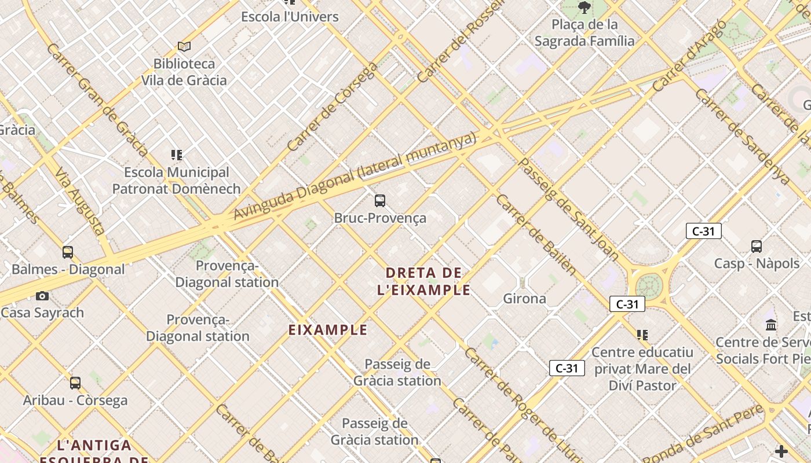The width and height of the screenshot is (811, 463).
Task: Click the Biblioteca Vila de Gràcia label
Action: click(184, 72)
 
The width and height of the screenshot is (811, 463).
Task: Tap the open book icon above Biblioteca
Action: click(184, 46)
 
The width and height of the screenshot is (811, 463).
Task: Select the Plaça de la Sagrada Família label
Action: click(584, 32)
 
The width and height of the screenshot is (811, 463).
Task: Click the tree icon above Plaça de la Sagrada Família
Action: click(584, 8)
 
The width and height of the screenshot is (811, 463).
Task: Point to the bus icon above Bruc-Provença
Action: click(380, 201)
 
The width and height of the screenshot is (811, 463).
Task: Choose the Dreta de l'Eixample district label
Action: click(423, 281)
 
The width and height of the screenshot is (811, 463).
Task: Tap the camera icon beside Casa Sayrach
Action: click(42, 296)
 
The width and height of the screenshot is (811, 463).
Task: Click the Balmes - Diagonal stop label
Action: click(68, 269)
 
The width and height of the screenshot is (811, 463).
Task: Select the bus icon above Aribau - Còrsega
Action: click(75, 383)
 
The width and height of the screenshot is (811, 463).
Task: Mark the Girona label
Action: click(524, 299)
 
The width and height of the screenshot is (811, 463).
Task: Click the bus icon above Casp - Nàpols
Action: click(757, 247)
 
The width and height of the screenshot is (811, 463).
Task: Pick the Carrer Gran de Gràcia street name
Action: click(97, 100)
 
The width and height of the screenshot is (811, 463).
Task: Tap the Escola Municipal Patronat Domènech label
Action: click(176, 181)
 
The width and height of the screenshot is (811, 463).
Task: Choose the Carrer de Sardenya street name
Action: click(742, 136)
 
